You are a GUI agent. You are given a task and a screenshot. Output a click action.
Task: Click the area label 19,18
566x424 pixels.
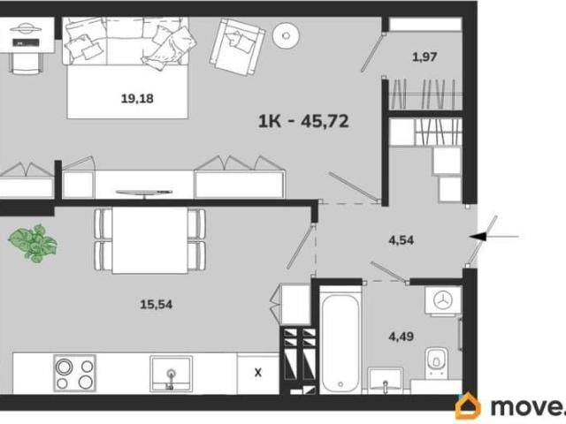(137, 98)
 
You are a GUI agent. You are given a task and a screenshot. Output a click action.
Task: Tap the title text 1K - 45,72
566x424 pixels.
(303, 121)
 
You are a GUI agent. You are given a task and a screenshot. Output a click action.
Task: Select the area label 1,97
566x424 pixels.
(424, 57)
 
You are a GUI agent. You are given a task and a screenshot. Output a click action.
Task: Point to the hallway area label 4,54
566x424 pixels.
(401, 239)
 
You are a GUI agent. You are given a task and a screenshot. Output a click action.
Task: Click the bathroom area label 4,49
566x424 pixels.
(401, 337)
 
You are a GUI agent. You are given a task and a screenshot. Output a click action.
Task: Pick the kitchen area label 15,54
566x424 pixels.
(156, 305)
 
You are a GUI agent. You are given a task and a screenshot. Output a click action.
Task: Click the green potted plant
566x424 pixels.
(34, 243)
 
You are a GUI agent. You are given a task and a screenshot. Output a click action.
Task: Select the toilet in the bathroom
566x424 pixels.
(436, 362)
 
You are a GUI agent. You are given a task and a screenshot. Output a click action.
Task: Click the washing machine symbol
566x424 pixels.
(443, 300)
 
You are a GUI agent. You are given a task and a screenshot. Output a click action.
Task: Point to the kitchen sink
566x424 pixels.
(171, 374)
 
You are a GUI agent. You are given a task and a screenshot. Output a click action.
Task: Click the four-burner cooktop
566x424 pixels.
(74, 373)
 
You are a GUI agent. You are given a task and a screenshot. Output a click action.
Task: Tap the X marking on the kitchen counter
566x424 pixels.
(257, 373)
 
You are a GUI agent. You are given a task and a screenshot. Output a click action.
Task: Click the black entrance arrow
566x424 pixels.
(493, 237)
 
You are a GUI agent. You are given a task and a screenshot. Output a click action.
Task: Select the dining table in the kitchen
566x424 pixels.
(149, 240)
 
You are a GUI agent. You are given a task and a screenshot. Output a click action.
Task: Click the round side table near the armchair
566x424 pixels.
(287, 35)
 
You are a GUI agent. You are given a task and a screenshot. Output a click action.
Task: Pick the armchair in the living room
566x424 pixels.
(237, 47)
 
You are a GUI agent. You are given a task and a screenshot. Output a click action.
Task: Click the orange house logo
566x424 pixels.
(468, 406)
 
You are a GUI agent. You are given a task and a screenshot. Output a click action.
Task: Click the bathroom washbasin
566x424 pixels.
(386, 381)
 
